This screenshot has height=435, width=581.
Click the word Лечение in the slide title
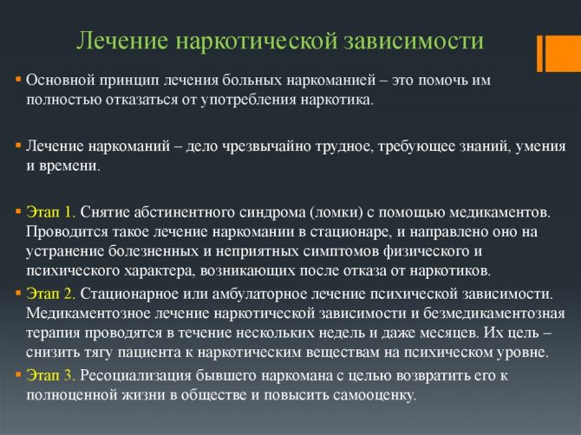[x=123, y=41]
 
